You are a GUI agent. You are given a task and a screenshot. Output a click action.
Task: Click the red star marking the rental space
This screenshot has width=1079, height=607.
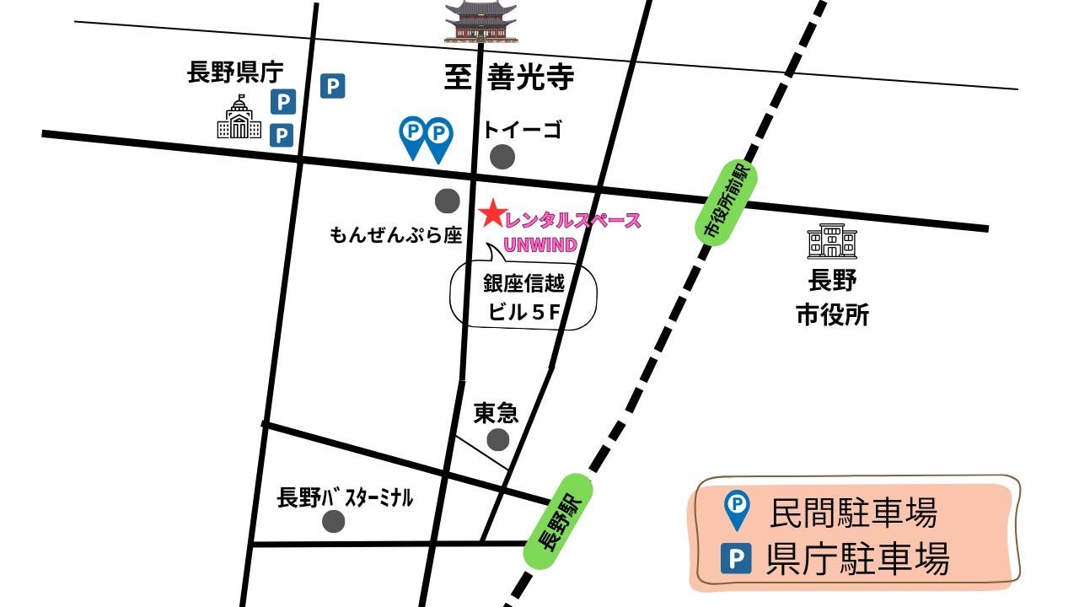tap(491, 214)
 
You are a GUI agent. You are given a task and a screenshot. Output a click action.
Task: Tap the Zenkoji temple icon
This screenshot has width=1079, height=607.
tap(480, 22)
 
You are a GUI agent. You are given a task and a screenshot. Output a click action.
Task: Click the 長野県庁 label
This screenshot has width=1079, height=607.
tap(235, 73)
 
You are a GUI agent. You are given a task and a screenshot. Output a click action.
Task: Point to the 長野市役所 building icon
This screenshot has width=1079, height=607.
tap(831, 242)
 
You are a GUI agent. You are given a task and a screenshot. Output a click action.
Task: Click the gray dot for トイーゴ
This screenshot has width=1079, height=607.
tap(503, 156)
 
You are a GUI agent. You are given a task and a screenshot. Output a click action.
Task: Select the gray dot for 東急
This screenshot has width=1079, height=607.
tap(498, 439)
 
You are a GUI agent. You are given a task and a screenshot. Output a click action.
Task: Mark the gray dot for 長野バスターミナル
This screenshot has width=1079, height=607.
tap(334, 522)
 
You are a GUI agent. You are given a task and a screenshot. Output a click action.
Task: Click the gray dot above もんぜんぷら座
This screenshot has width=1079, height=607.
tap(447, 201)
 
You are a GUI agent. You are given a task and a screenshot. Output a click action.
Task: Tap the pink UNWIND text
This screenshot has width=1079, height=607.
tap(540, 245)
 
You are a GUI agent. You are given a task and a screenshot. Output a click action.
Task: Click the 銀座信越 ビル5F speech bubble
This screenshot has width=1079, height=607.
tap(525, 298)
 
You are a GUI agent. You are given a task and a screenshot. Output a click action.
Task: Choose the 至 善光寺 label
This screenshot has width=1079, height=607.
tap(509, 78)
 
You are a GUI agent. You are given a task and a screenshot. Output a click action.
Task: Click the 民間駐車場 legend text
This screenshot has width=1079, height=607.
tap(853, 512)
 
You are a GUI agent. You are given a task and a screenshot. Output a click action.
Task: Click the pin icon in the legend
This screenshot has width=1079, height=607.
tap(738, 510)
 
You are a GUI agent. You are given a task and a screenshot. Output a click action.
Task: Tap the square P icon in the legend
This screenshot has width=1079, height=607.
tap(738, 559)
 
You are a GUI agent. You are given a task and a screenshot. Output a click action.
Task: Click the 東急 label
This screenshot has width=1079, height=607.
tap(496, 412)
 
